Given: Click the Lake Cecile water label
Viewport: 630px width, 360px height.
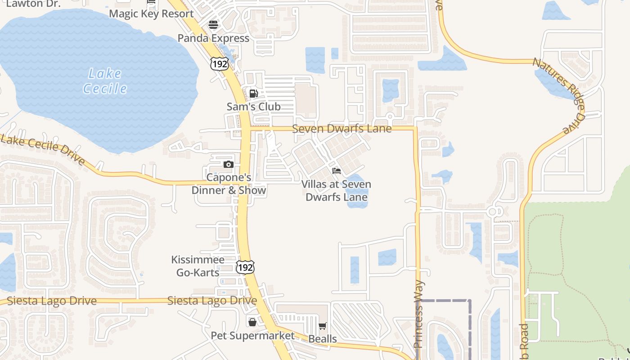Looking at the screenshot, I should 105,81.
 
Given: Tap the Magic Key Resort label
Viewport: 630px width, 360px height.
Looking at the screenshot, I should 151,13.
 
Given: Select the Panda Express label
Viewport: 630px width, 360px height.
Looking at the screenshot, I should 213,38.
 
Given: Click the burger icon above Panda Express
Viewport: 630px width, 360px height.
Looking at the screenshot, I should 213,24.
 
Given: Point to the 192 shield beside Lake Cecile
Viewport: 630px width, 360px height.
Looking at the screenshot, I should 219,64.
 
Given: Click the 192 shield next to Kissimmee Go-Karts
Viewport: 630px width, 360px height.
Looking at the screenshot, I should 245,268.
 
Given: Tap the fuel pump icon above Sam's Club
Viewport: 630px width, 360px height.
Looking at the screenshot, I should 253,94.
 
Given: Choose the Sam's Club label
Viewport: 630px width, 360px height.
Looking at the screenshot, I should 253,107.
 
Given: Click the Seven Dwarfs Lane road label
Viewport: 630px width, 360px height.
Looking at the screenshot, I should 342,129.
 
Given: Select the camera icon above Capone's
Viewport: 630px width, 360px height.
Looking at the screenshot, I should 229,164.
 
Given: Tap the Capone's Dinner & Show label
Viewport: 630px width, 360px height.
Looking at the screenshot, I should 229,184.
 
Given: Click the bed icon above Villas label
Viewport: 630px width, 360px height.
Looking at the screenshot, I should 336,171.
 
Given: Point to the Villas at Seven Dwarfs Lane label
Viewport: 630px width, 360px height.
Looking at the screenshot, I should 336,191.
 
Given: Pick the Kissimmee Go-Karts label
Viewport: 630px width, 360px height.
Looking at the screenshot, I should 198,266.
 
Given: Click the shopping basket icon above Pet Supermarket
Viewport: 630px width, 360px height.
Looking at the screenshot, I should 252,322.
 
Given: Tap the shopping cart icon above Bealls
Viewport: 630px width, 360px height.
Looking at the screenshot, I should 323,326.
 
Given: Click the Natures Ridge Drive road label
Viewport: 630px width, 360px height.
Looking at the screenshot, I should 558,94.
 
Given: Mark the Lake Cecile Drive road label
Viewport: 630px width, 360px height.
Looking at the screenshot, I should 43,149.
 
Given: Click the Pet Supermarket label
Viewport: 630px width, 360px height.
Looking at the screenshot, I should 252,336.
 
